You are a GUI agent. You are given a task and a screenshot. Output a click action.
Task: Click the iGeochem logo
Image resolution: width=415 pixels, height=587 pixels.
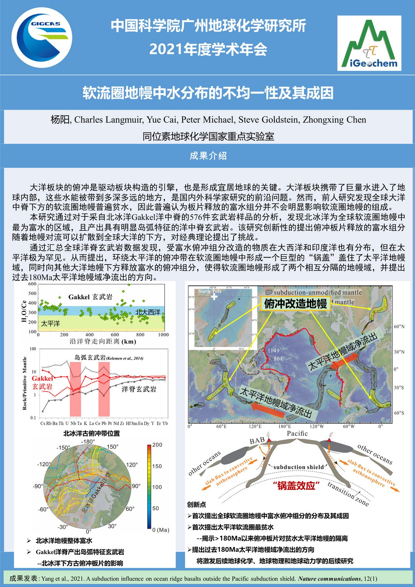(x=369, y=43)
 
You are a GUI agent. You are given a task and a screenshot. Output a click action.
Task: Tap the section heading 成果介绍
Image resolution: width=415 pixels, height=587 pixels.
(x=208, y=156)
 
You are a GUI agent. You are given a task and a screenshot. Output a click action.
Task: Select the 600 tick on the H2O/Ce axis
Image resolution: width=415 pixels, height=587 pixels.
(x=32, y=284)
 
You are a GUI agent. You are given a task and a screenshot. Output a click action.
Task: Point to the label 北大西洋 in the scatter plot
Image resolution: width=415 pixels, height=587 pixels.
(x=148, y=312)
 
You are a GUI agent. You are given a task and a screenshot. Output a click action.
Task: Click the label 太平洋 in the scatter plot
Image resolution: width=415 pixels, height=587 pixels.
(x=50, y=324)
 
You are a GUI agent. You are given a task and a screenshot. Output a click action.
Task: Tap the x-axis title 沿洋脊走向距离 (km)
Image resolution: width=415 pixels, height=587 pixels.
(x=103, y=342)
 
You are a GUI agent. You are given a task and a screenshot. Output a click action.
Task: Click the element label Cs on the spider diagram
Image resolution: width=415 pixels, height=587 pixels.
(x=43, y=423)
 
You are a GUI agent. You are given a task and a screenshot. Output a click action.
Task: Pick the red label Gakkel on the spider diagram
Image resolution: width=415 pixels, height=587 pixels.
(x=42, y=378)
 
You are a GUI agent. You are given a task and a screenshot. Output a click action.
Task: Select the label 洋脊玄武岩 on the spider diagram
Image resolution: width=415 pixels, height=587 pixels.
(x=139, y=389)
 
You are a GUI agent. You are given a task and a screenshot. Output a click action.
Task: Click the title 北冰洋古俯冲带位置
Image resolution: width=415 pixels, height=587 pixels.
(x=91, y=433)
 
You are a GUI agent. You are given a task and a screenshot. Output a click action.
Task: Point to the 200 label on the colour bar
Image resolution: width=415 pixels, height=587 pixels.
(x=157, y=445)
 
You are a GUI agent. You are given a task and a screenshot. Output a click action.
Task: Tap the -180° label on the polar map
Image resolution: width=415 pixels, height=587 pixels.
(x=88, y=442)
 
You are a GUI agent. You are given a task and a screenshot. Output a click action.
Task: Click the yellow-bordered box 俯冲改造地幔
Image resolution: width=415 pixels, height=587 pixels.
(x=295, y=304)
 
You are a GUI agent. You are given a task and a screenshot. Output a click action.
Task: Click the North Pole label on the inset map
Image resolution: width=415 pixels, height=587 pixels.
(x=210, y=291)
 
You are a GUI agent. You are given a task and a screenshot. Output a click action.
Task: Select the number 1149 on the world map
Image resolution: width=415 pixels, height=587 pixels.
(x=274, y=351)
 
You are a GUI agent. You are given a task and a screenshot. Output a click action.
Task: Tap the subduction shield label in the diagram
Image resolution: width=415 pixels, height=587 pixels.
(x=299, y=467)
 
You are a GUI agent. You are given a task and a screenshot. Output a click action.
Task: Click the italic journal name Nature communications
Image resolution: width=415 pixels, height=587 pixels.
(x=329, y=579)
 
